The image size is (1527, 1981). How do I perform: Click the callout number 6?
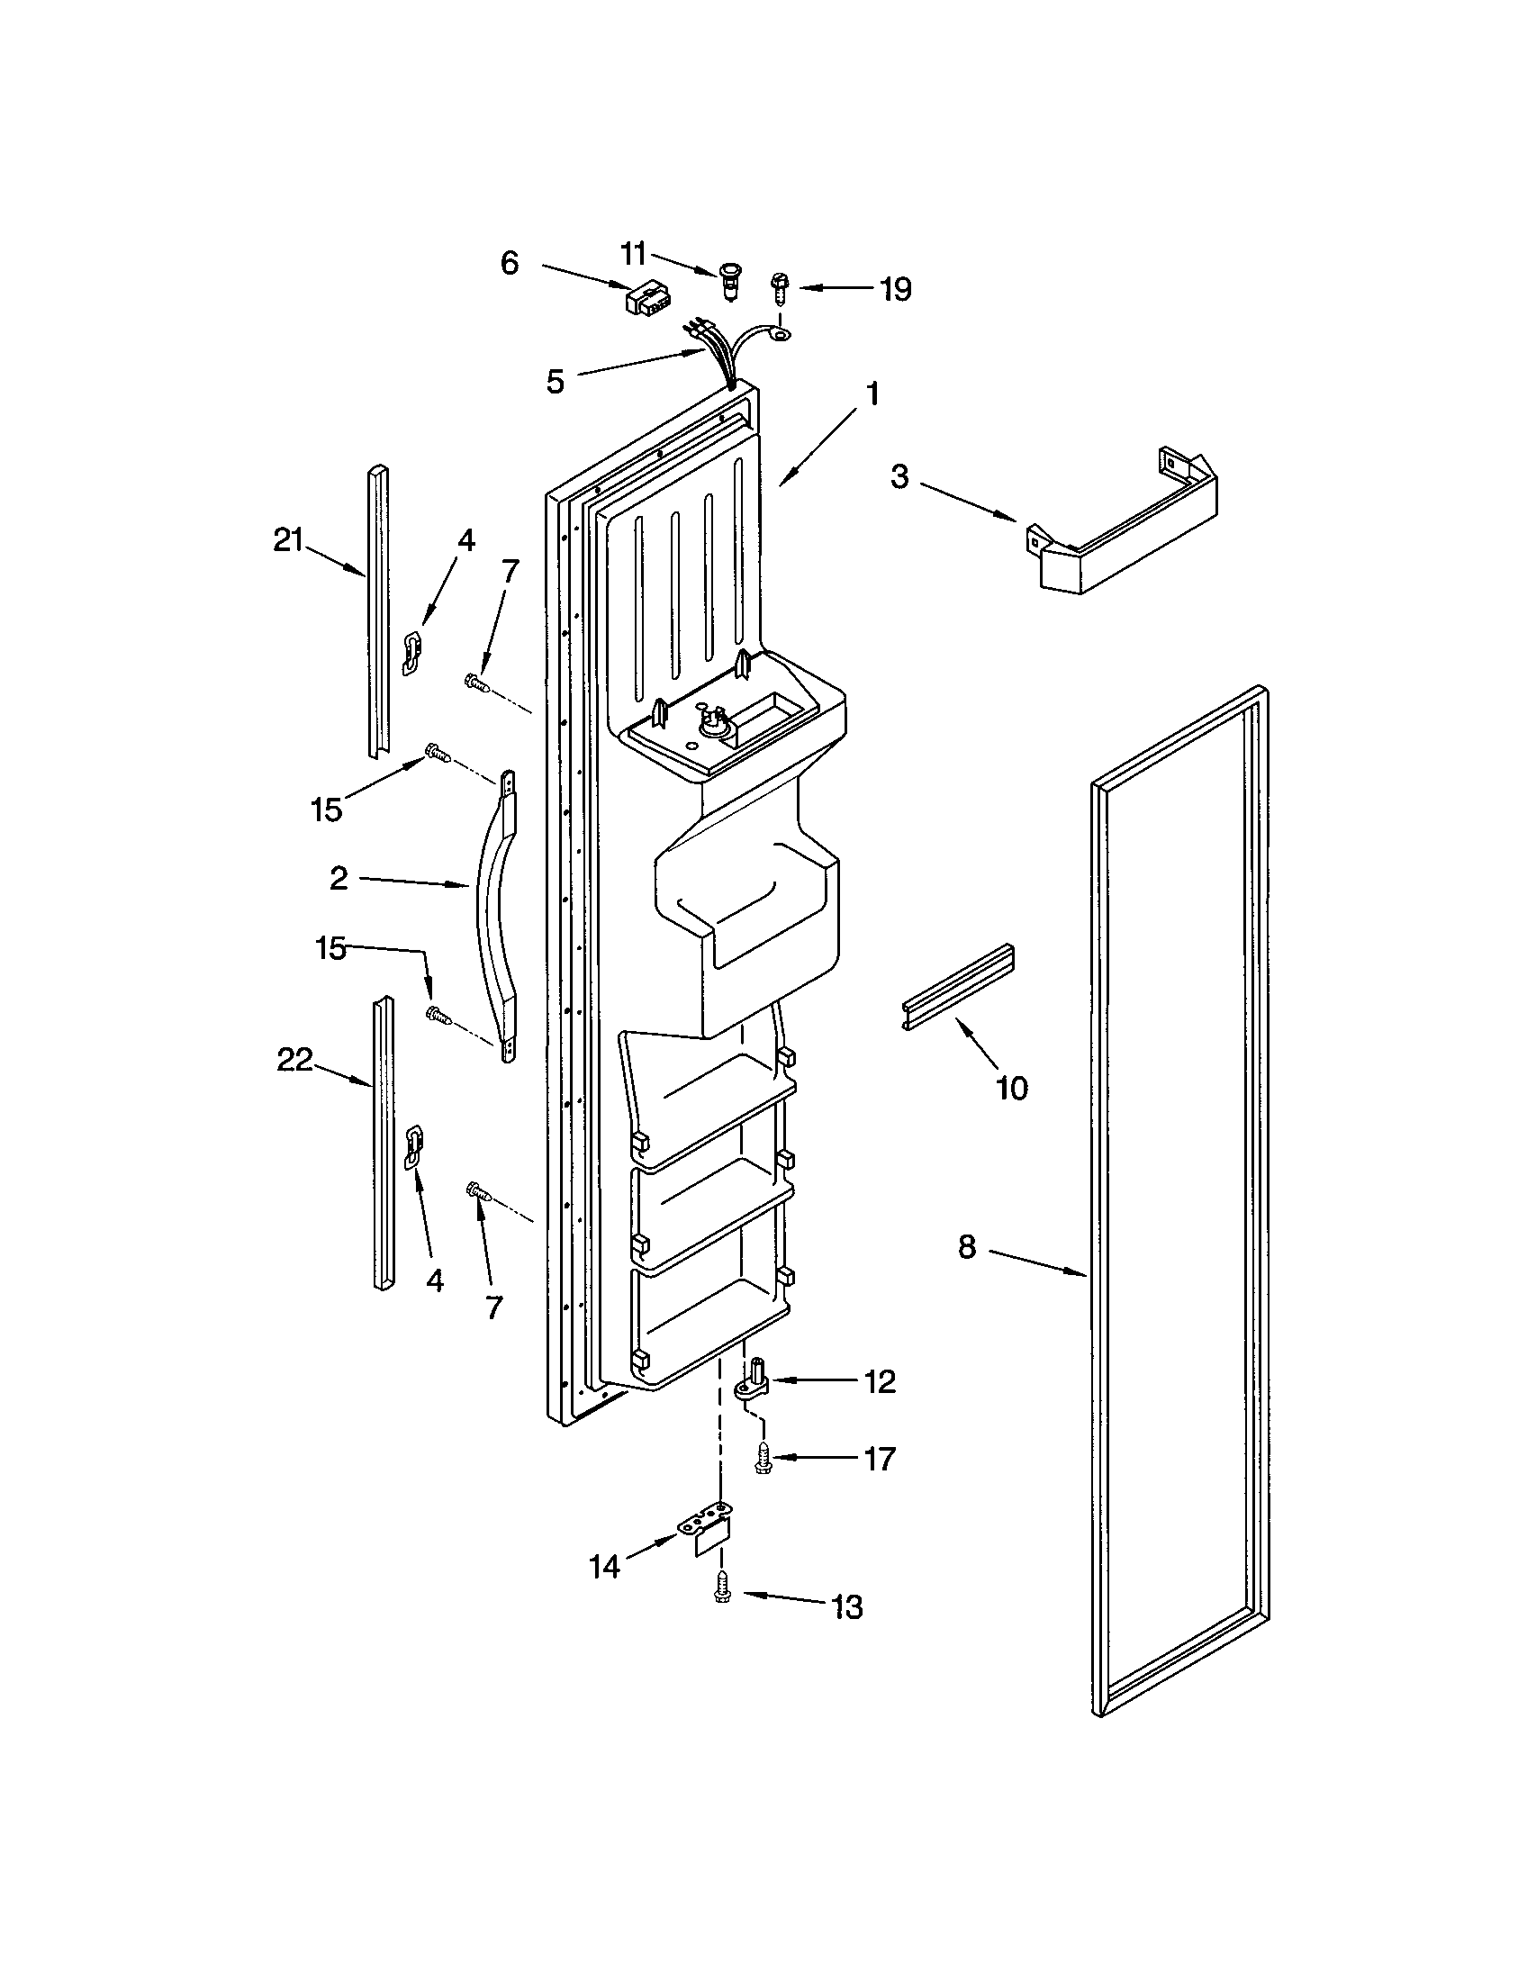pyautogui.click(x=510, y=263)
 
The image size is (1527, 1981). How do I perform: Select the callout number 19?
pyautogui.click(x=895, y=289)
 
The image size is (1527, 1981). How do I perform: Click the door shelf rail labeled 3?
pyautogui.click(x=1125, y=532)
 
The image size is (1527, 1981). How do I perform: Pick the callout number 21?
pyautogui.click(x=287, y=540)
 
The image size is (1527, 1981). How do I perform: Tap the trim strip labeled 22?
pyautogui.click(x=384, y=1142)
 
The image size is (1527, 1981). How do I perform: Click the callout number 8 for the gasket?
pyautogui.click(x=967, y=1247)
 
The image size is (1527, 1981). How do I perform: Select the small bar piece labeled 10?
pyautogui.click(x=958, y=988)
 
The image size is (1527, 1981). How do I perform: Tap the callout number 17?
pyautogui.click(x=880, y=1459)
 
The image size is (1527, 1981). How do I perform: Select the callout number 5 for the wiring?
pyautogui.click(x=555, y=381)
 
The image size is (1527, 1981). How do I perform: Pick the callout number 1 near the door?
pyautogui.click(x=872, y=393)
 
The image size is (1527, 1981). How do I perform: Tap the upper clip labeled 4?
pyautogui.click(x=412, y=653)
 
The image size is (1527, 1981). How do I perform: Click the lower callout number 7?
pyautogui.click(x=494, y=1307)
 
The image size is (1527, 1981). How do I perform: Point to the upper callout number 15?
pyautogui.click(x=327, y=810)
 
